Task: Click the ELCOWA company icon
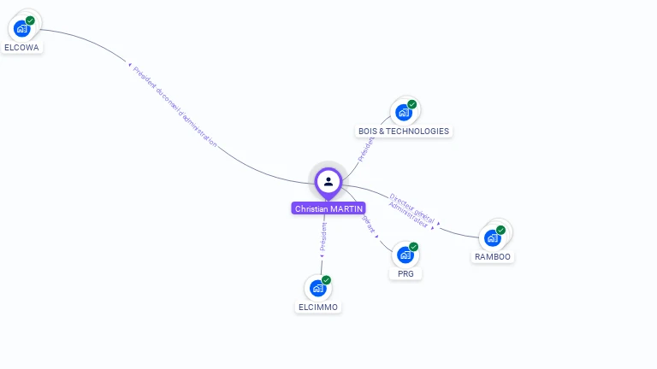click(22, 28)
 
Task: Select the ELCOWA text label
click(22, 48)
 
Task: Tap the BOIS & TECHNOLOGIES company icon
click(404, 113)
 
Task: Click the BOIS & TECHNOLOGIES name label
click(404, 132)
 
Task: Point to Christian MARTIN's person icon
click(328, 181)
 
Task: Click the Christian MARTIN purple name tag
click(328, 208)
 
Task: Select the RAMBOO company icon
click(493, 237)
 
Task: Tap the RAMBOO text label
click(494, 256)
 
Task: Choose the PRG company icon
click(405, 255)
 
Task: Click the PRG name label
click(405, 273)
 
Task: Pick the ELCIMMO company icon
click(318, 288)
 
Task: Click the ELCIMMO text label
click(318, 307)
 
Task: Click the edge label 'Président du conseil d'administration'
click(175, 107)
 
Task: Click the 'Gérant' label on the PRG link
click(369, 223)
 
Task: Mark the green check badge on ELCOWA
click(30, 20)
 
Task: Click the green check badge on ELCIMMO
click(326, 280)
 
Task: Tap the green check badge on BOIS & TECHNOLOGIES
click(411, 104)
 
